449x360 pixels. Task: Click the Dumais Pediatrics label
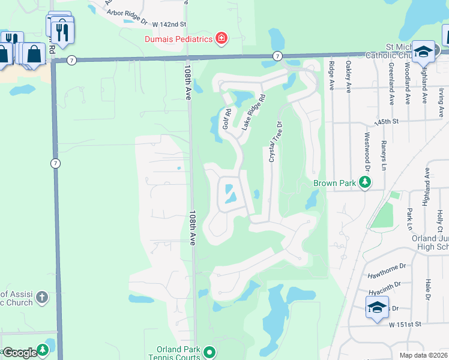tap(178, 39)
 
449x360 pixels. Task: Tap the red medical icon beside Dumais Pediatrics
tap(221, 39)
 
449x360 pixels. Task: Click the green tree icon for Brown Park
tap(364, 182)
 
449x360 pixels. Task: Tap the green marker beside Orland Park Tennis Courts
tap(209, 352)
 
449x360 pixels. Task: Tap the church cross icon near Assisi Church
tap(42, 296)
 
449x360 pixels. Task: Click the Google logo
tap(19, 353)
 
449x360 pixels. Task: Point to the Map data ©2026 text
tap(423, 355)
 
